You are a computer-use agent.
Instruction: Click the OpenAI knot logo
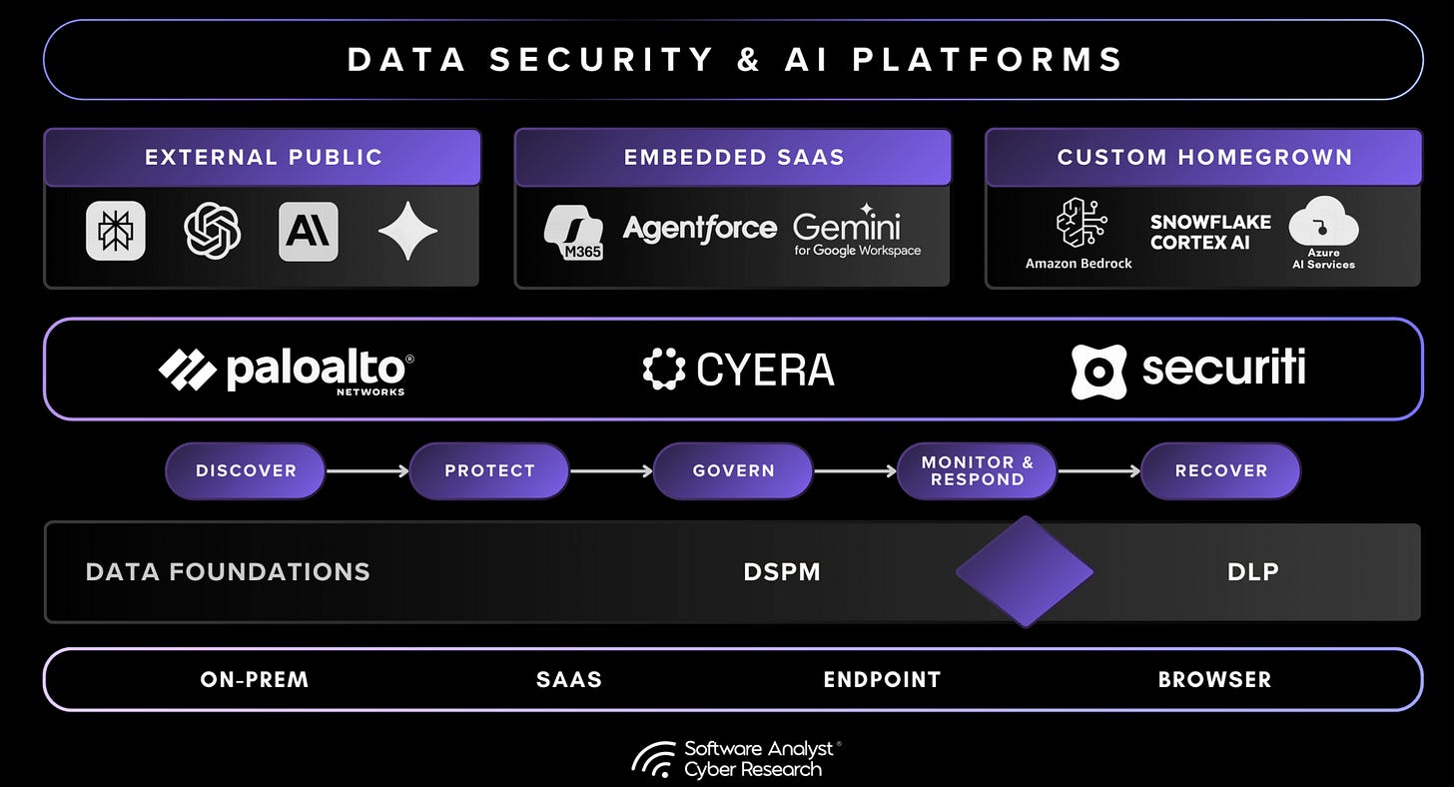point(213,231)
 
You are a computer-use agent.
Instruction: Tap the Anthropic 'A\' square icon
point(308,231)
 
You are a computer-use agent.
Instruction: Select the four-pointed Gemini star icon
point(407,231)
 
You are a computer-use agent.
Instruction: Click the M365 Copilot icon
point(573,232)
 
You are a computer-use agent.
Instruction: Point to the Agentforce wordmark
point(699,228)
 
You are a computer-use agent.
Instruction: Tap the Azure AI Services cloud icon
point(1323,222)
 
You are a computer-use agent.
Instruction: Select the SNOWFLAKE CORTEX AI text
point(1209,232)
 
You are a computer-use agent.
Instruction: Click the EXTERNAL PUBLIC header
point(263,157)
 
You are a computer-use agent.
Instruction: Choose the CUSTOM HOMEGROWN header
point(1204,157)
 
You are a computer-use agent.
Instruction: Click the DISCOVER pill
point(246,470)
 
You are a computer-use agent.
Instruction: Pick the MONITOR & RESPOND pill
point(977,470)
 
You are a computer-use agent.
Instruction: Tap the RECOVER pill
point(1220,470)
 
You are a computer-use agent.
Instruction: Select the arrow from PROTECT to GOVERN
point(611,470)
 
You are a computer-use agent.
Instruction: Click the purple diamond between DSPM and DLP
point(1025,572)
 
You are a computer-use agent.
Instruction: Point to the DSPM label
point(782,572)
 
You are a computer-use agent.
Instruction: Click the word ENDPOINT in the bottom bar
point(882,680)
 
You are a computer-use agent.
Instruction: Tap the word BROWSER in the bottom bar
point(1214,680)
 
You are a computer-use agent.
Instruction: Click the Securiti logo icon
point(1098,372)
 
